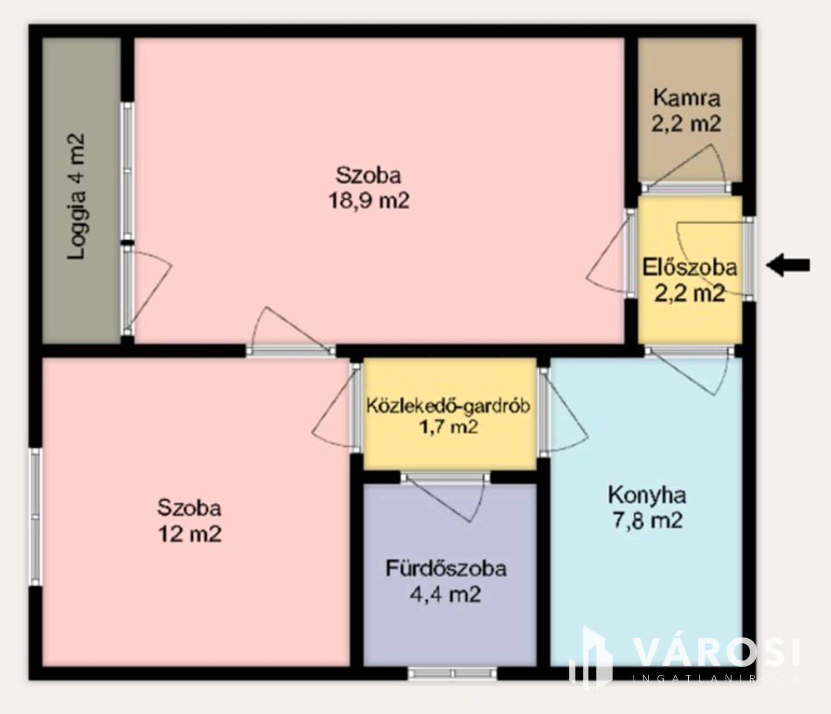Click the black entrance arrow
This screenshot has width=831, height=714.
pyautogui.click(x=788, y=265)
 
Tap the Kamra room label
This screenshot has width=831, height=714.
pyautogui.click(x=687, y=98)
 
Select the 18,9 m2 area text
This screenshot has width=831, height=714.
pyautogui.click(x=369, y=200)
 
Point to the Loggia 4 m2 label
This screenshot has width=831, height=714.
pyautogui.click(x=76, y=196)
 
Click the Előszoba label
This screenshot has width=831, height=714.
pyautogui.click(x=689, y=268)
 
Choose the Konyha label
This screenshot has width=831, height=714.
pyautogui.click(x=647, y=496)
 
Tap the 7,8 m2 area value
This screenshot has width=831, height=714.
pyautogui.click(x=648, y=521)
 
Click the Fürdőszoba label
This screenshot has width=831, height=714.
pyautogui.click(x=446, y=569)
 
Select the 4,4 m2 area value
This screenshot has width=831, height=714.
pyautogui.click(x=446, y=594)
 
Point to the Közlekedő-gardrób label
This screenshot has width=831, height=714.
pyautogui.click(x=448, y=407)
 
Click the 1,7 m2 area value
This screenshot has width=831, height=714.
pyautogui.click(x=448, y=427)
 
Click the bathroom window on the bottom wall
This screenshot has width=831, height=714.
pyautogui.click(x=452, y=673)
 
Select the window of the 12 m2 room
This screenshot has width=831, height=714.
pyautogui.click(x=36, y=517)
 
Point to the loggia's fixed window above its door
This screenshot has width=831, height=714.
pyautogui.click(x=128, y=171)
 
